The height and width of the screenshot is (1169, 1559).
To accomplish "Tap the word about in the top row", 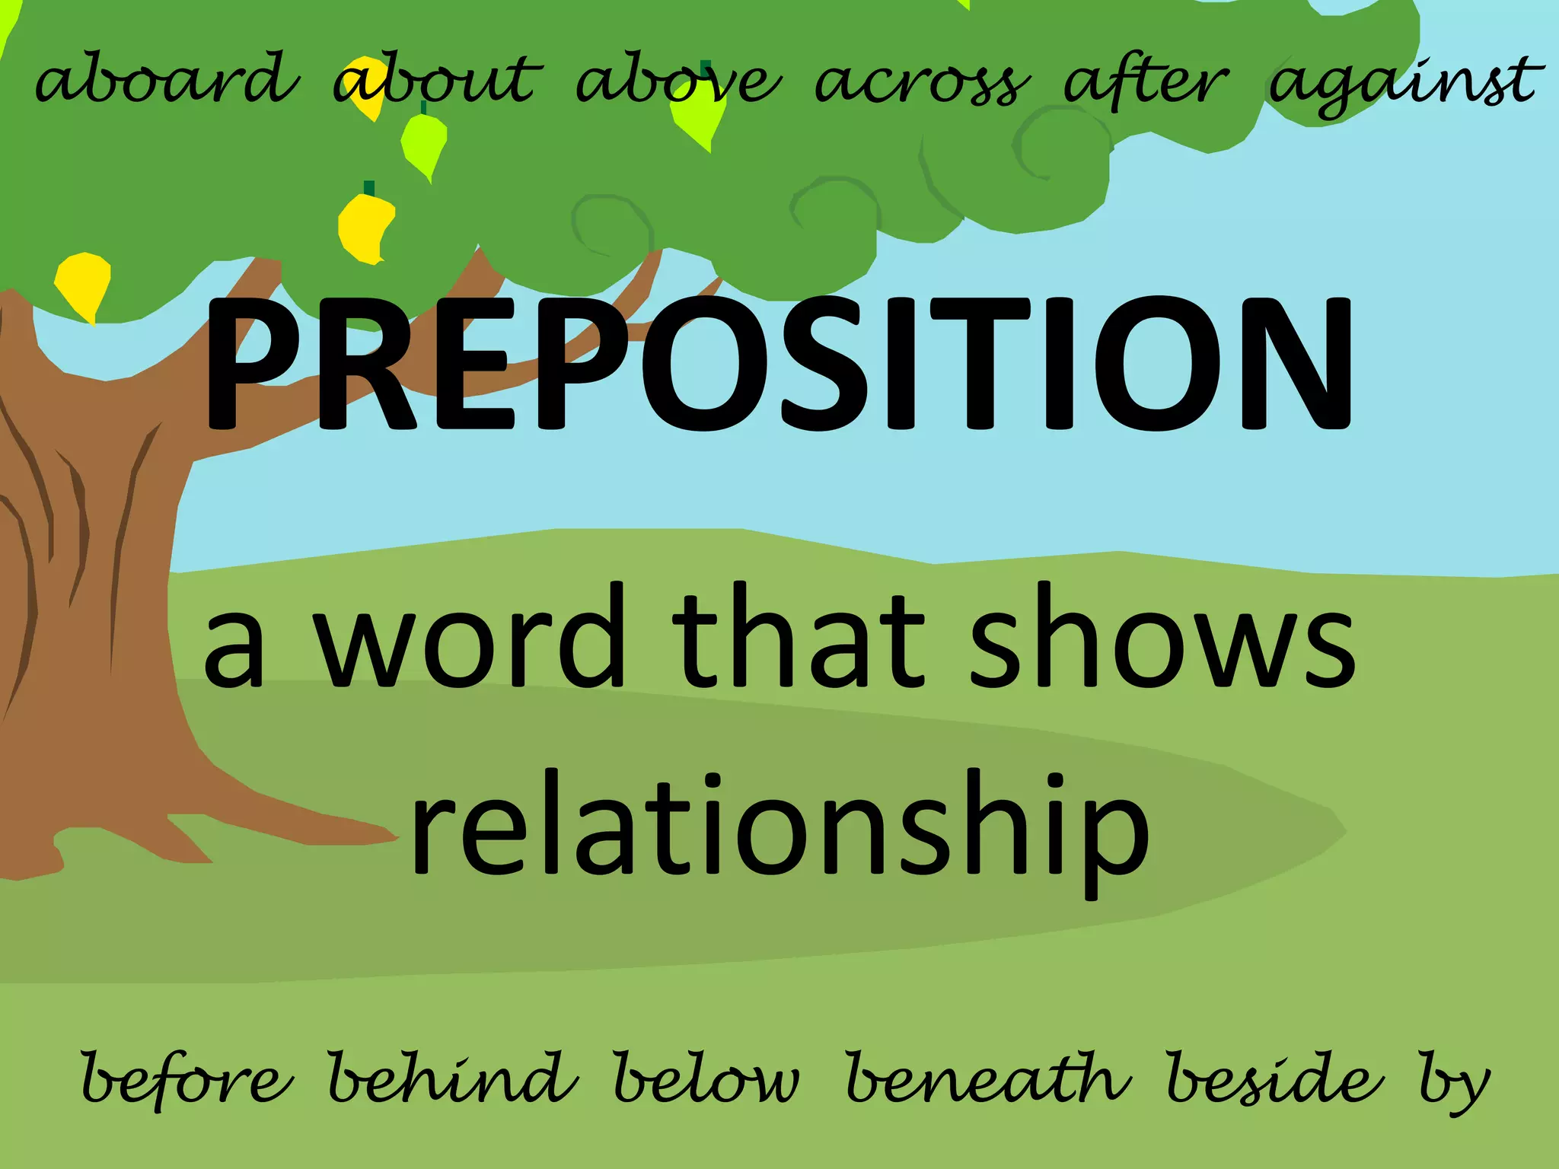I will pyautogui.click(x=438, y=82).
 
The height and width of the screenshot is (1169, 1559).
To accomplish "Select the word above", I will pyautogui.click(x=677, y=82).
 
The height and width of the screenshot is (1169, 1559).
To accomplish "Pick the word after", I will pyautogui.click(x=1146, y=82).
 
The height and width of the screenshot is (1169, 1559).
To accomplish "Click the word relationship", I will pyautogui.click(x=779, y=830).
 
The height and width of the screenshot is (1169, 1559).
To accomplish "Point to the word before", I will pyautogui.click(x=186, y=1079).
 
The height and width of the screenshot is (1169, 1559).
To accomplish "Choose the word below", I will pyautogui.click(x=706, y=1079).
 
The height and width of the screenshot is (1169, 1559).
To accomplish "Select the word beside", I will pyautogui.click(x=1274, y=1079).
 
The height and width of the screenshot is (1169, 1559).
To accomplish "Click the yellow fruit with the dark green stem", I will pyautogui.click(x=365, y=227).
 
